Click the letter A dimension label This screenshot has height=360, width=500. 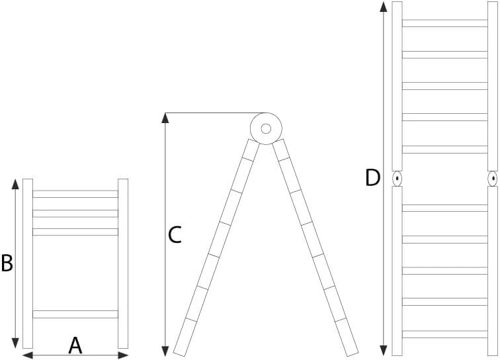click(75, 345)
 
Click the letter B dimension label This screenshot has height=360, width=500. click(7, 263)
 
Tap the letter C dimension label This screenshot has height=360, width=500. click(175, 235)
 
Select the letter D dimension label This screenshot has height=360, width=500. click(372, 178)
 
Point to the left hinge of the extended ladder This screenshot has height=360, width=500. click(397, 179)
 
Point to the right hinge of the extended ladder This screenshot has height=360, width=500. click(493, 179)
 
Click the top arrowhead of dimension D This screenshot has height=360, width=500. click(384, 7)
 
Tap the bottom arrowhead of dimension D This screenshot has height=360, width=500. click(384, 351)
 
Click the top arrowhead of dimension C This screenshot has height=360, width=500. click(165, 118)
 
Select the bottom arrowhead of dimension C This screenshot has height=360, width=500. click(165, 351)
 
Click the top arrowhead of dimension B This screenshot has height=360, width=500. click(15, 184)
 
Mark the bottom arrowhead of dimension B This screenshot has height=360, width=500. click(15, 343)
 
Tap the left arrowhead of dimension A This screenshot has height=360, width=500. click(28, 355)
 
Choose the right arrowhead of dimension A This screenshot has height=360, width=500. click(123, 355)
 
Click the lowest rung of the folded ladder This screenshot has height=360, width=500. click(75, 314)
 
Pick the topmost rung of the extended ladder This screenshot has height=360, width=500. click(445, 23)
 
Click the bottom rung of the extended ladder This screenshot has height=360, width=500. click(445, 334)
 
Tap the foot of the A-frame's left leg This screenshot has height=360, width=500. click(180, 353)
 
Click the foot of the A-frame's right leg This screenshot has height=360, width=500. click(353, 353)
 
